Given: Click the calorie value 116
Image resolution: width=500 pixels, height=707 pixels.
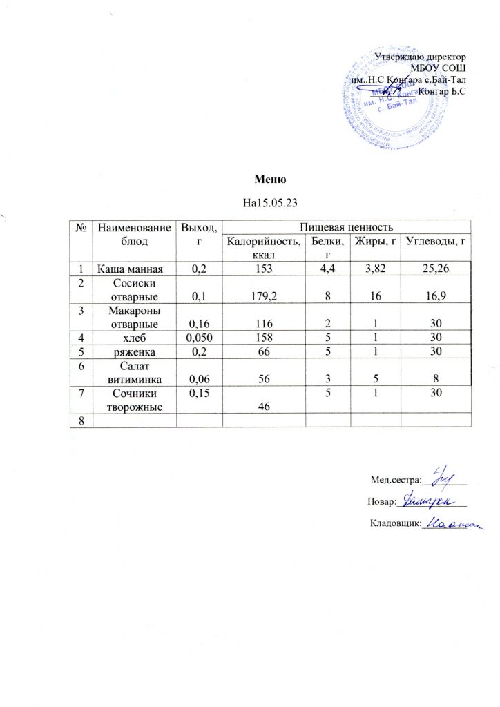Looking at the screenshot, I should click(x=265, y=325).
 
